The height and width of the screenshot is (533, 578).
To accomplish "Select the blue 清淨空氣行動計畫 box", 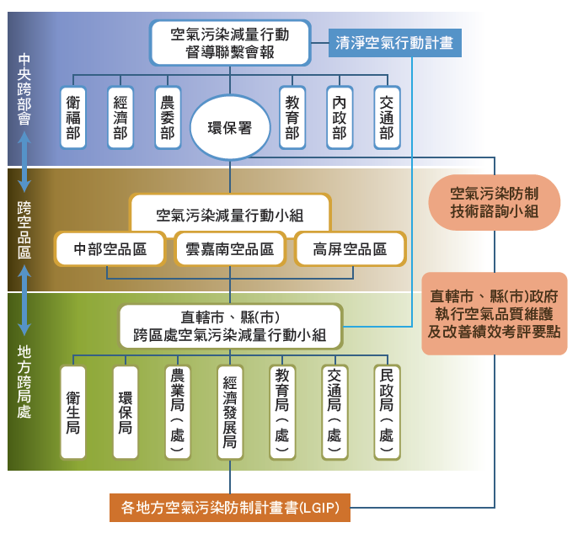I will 394,42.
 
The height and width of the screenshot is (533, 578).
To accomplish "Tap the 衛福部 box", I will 73,117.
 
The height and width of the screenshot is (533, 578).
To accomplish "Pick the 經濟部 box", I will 120,117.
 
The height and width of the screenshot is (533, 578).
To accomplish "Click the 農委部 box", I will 168,117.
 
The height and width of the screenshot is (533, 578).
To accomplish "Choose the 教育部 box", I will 292,117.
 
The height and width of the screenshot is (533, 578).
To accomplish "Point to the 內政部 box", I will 340,117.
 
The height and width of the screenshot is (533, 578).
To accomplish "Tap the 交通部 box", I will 387,117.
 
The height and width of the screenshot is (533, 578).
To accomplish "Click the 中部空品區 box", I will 110,249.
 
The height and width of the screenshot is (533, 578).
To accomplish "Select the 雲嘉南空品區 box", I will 230,249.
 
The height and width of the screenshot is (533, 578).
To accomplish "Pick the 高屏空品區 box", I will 350,249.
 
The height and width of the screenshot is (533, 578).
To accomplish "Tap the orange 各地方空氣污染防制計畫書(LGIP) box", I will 229,508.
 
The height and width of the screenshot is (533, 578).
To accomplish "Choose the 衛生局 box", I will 73,412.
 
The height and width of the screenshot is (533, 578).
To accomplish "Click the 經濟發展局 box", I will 229,412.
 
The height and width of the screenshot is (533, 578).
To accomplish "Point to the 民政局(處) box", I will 386,412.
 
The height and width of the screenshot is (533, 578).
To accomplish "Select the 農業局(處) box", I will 177,412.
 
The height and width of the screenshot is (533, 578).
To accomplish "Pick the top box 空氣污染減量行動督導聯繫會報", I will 230,43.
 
